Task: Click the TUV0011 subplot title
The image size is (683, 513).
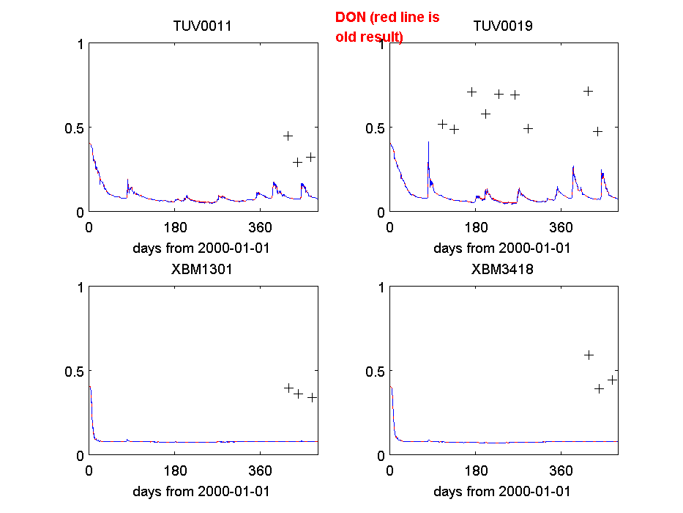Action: tap(202, 26)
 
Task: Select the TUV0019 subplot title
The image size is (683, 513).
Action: tap(503, 26)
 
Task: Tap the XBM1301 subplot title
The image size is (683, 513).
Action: tap(202, 269)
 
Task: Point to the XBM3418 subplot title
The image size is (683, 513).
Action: tap(502, 269)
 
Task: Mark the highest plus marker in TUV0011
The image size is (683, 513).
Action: tap(288, 136)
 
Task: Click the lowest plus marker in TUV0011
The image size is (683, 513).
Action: tap(297, 162)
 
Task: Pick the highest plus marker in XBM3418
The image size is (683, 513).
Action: tap(589, 355)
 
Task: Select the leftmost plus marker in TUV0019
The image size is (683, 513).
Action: tap(442, 124)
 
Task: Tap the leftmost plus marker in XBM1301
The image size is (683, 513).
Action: tap(288, 388)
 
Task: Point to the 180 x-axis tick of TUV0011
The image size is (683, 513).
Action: tap(175, 226)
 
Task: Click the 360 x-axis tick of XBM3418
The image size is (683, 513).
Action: tap(561, 470)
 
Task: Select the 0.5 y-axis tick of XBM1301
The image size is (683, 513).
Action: tap(74, 372)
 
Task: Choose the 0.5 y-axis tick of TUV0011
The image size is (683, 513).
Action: tap(74, 128)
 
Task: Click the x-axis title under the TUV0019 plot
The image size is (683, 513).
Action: tap(502, 248)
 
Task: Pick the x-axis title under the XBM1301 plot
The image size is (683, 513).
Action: tap(201, 491)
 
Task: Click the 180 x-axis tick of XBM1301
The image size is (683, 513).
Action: tap(175, 470)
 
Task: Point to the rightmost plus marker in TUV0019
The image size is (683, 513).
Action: tap(597, 131)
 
